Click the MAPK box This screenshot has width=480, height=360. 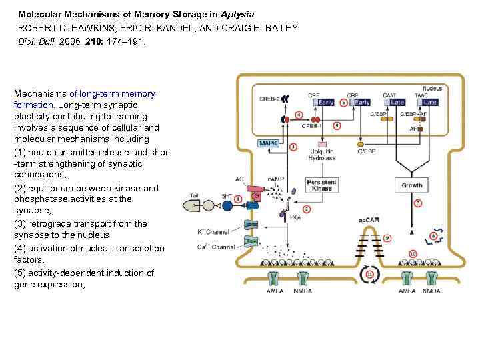[268, 143]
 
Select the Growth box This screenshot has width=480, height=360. [411, 185]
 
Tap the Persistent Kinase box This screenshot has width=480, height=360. [321, 185]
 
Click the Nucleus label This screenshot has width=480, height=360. [432, 89]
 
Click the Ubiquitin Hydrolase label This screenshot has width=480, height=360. [322, 155]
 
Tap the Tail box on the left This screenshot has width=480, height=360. [195, 195]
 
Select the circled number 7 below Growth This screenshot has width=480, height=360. [418, 202]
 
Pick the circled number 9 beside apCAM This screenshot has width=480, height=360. [387, 237]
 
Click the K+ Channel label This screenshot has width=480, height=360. [214, 231]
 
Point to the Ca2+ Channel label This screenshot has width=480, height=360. [213, 247]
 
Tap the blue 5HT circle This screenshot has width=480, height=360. [227, 205]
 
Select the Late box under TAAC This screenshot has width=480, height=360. [430, 103]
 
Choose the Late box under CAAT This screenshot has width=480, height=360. [397, 103]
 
